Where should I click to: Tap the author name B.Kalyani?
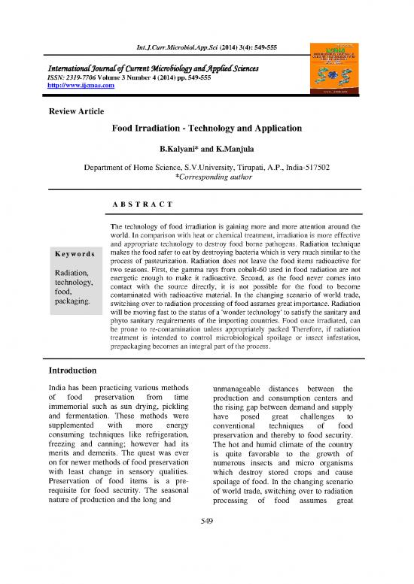[175, 150]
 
